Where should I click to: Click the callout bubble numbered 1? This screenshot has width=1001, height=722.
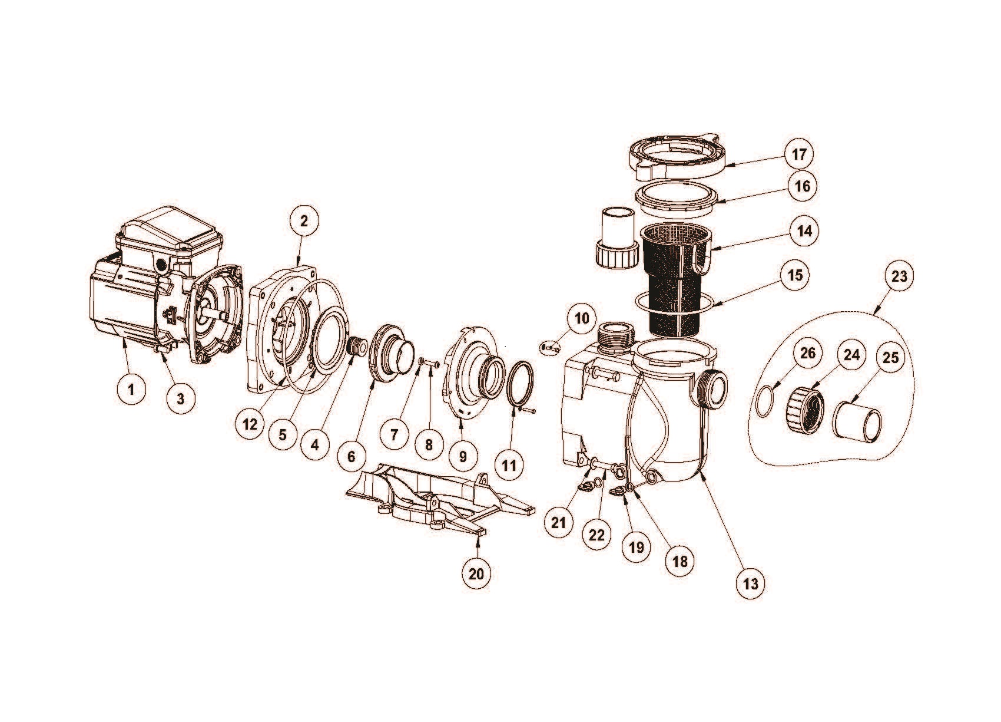[131, 390]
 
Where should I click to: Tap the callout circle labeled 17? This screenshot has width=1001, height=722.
[799, 154]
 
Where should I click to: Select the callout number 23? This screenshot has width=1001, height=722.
[899, 276]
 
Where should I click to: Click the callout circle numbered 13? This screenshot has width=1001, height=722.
[751, 583]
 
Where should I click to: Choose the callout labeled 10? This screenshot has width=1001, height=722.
[582, 318]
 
